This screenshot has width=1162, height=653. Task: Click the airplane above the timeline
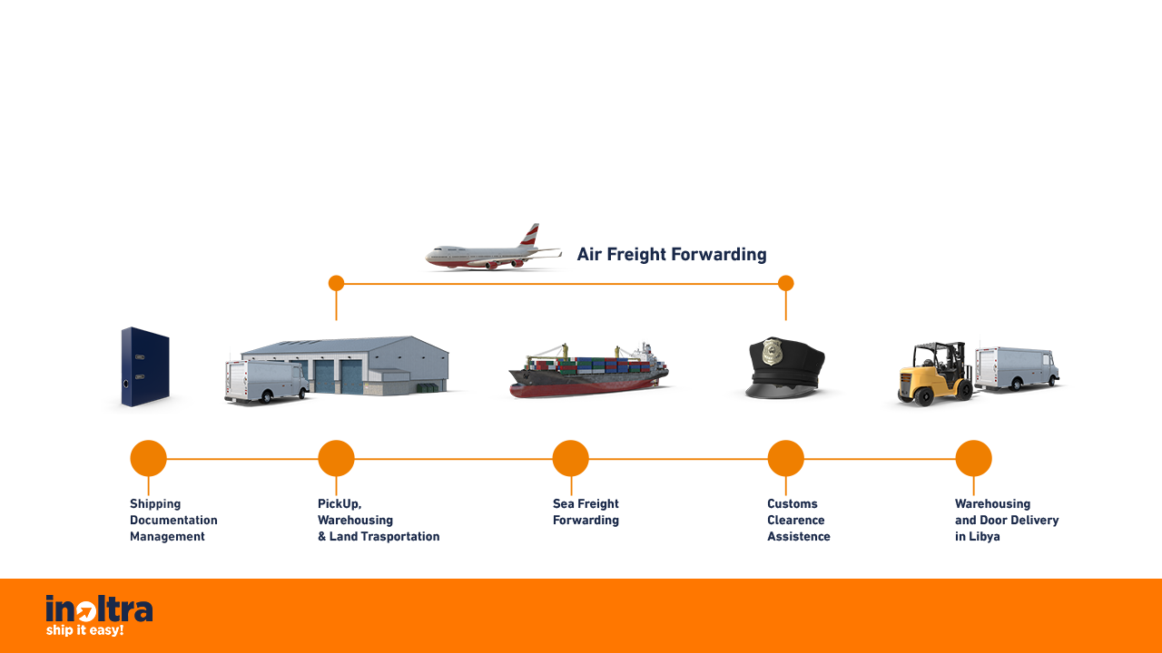pos(493,248)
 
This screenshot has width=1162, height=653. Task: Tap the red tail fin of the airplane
pos(530,235)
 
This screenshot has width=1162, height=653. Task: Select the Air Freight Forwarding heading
pos(672,255)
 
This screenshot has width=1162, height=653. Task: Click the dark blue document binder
pos(145,366)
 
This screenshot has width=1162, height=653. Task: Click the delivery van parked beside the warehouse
pos(266,382)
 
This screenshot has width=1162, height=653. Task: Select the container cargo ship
pos(589,370)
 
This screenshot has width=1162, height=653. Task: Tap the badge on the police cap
pos(772,352)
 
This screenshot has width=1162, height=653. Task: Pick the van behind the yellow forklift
pos(1017,368)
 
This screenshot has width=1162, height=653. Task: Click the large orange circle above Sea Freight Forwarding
pos(571,458)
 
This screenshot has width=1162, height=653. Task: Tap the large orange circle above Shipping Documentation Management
pos(148,458)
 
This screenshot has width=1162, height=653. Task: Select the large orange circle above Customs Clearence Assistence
pos(786,458)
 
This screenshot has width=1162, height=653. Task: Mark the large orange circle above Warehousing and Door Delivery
pos(974,458)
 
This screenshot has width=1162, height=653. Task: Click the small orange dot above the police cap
pos(786,283)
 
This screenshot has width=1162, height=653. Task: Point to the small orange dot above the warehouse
pos(336,283)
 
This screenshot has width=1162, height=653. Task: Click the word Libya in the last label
pos(984,537)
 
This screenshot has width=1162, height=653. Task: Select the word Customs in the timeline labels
pos(793,503)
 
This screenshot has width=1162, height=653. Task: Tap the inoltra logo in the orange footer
pos(99,615)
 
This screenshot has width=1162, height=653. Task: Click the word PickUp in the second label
pos(340,503)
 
